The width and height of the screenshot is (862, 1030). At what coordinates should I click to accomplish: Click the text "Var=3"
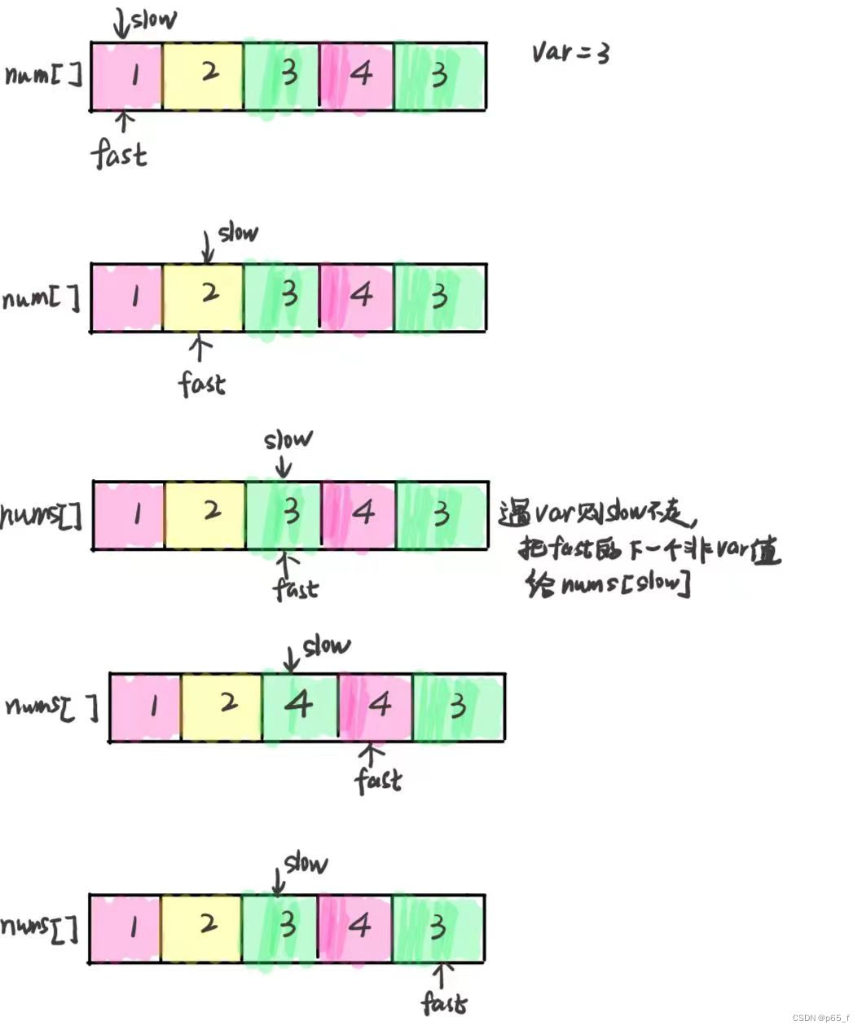point(570,52)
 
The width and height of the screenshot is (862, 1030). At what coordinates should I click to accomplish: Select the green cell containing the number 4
point(299,706)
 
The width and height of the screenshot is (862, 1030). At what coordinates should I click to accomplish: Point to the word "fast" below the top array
point(120,153)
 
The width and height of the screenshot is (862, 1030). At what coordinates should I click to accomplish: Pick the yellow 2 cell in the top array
point(203,75)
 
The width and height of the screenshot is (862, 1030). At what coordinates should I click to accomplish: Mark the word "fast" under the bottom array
point(444,1002)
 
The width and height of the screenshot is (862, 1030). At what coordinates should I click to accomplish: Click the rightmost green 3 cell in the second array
point(440,297)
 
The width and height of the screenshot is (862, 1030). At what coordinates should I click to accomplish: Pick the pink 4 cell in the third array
point(359,514)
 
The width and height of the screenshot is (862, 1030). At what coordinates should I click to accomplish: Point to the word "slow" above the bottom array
point(306,863)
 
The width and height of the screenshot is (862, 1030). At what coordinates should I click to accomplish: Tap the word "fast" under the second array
point(202,382)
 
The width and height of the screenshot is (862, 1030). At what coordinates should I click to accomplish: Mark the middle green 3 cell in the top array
point(282,75)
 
